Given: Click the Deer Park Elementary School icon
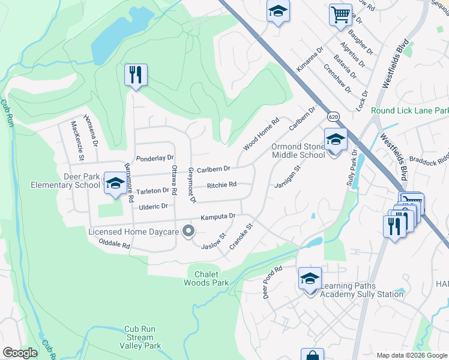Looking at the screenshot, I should click(113, 183).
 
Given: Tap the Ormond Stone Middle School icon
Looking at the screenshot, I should click(336, 139).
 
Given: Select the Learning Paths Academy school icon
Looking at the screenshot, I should click(310, 278).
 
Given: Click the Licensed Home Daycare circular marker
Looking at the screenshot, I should click(188, 230).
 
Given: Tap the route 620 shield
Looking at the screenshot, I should click(334, 116).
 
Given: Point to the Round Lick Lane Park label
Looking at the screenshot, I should click(409, 110).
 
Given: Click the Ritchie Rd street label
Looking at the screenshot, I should click(221, 185).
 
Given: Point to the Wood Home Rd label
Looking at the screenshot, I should click(262, 134).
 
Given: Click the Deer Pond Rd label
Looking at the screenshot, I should click(272, 283).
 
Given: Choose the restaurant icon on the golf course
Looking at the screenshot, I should click(136, 75).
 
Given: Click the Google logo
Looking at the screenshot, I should click(20, 353).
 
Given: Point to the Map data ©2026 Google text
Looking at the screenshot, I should click(411, 355).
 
